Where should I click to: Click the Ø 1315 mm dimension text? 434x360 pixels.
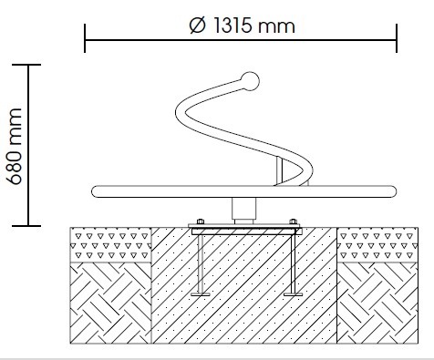click(x=243, y=26)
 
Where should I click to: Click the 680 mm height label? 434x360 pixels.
click(x=15, y=146)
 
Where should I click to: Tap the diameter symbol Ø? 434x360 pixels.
click(x=198, y=26)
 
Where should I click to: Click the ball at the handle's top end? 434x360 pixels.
click(x=250, y=81)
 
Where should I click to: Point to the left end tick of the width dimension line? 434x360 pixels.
click(x=85, y=38)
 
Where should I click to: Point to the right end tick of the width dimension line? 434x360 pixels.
click(x=397, y=38)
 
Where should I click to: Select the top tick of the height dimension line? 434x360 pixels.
click(x=26, y=65)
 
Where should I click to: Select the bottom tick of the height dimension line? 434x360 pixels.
click(x=26, y=226)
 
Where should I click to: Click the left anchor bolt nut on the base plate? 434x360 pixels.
click(x=201, y=221)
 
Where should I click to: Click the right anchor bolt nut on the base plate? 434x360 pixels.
click(x=293, y=221)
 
